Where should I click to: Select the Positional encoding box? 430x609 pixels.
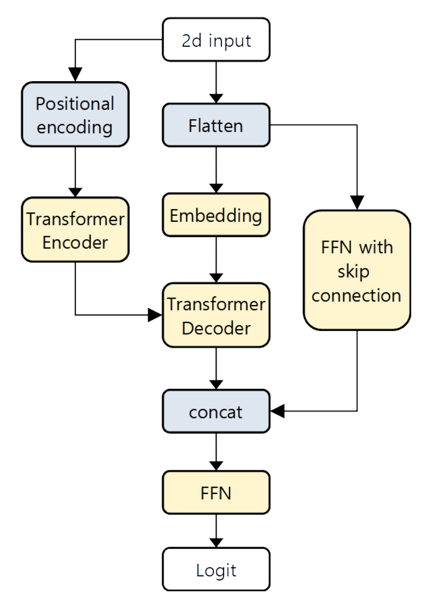75,115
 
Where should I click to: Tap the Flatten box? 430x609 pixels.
216,125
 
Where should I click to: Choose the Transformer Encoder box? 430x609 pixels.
75,230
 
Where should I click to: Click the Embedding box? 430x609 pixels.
216,216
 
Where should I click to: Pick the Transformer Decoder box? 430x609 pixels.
216,315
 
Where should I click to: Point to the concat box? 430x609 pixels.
216,412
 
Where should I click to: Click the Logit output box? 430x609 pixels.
216,570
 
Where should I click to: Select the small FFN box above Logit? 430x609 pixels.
216,492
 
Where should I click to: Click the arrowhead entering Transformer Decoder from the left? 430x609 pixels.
155,315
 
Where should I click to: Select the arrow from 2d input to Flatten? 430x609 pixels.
216,81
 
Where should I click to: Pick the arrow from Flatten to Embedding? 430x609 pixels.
216,169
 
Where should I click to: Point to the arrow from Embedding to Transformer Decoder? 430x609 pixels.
216,260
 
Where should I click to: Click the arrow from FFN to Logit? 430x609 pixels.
216,530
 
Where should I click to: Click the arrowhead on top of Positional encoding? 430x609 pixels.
75,75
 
